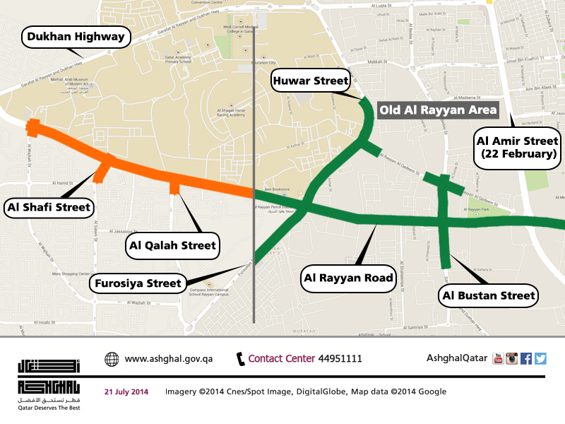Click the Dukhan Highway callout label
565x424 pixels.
click(77, 37)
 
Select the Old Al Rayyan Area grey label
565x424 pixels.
click(438, 110)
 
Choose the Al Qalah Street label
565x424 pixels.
click(172, 246)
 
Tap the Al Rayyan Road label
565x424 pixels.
click(347, 278)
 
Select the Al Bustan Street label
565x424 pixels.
click(489, 295)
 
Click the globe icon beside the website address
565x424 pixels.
click(112, 359)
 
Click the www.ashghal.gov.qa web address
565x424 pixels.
click(168, 359)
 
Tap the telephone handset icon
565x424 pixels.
click(240, 358)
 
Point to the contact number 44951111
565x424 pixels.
click(340, 359)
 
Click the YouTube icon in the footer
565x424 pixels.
click(498, 358)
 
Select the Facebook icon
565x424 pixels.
click(526, 358)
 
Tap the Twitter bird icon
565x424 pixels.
click(540, 358)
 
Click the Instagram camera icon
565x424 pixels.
click(512, 358)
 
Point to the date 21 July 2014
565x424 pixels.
click(126, 391)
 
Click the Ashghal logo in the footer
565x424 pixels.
click(49, 379)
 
